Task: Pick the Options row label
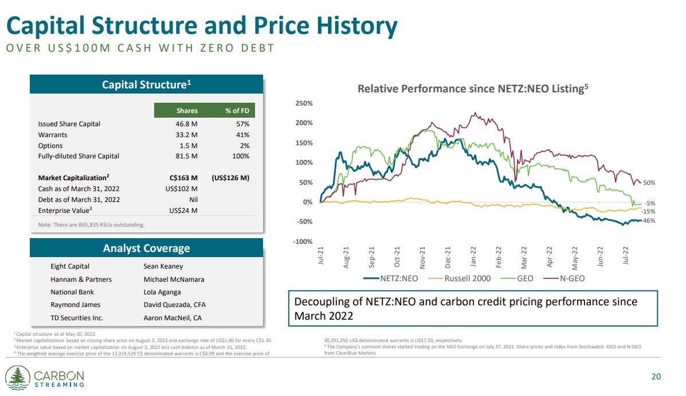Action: click(x=50, y=146)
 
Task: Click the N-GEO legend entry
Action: click(x=568, y=279)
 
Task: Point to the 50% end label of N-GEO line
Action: click(x=649, y=183)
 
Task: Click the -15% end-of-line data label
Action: click(x=649, y=212)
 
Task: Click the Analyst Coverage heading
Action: click(x=146, y=249)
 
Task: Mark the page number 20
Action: click(x=656, y=377)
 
